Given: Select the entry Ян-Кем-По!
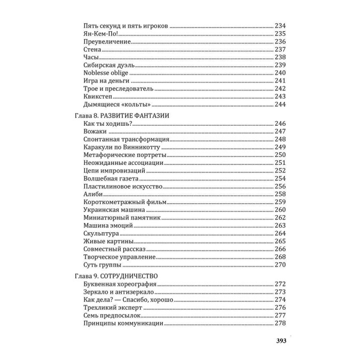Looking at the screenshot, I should [x=101, y=34].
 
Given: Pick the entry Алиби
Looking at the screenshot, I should [x=94, y=194].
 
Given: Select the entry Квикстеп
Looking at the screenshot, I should [x=98, y=97].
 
